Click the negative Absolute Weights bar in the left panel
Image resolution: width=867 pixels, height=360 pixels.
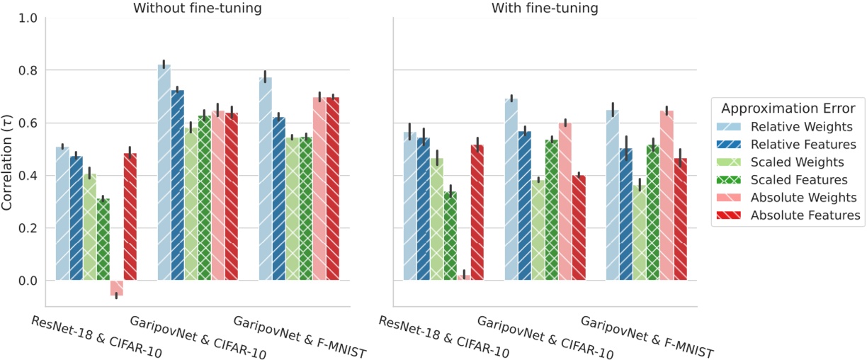(x=116, y=288)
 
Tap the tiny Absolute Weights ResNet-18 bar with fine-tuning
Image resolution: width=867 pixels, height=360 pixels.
(x=464, y=278)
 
